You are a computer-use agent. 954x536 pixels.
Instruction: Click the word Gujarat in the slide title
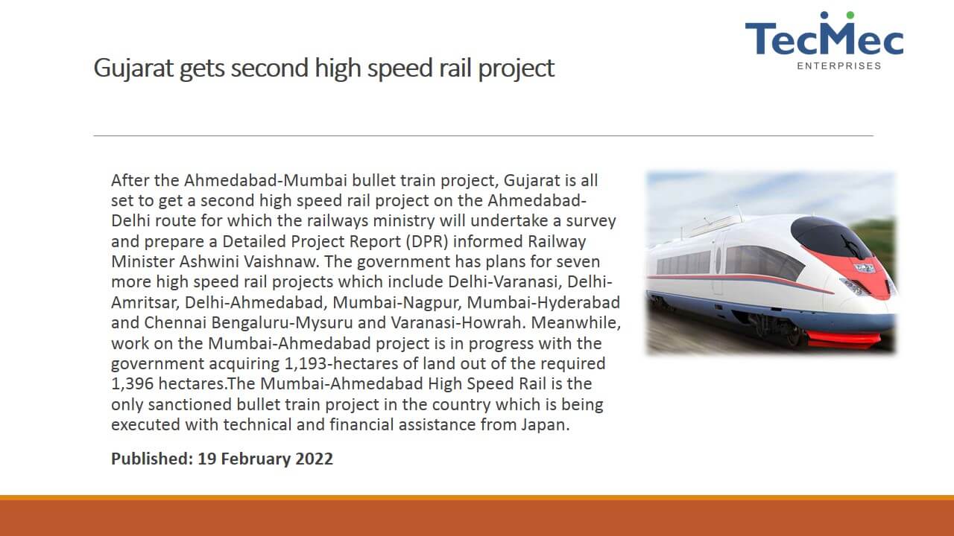point(133,68)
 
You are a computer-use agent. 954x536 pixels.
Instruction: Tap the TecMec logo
point(824,40)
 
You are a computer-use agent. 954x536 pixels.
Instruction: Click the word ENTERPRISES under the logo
point(839,66)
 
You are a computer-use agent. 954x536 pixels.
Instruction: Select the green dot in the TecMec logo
point(850,16)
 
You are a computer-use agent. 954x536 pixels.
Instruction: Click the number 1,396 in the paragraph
point(132,384)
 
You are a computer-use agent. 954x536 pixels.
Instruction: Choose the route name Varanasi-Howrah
point(456,323)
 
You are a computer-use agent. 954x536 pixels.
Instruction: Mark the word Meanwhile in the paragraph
point(576,323)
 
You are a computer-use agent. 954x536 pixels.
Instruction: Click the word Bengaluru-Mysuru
point(282,323)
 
